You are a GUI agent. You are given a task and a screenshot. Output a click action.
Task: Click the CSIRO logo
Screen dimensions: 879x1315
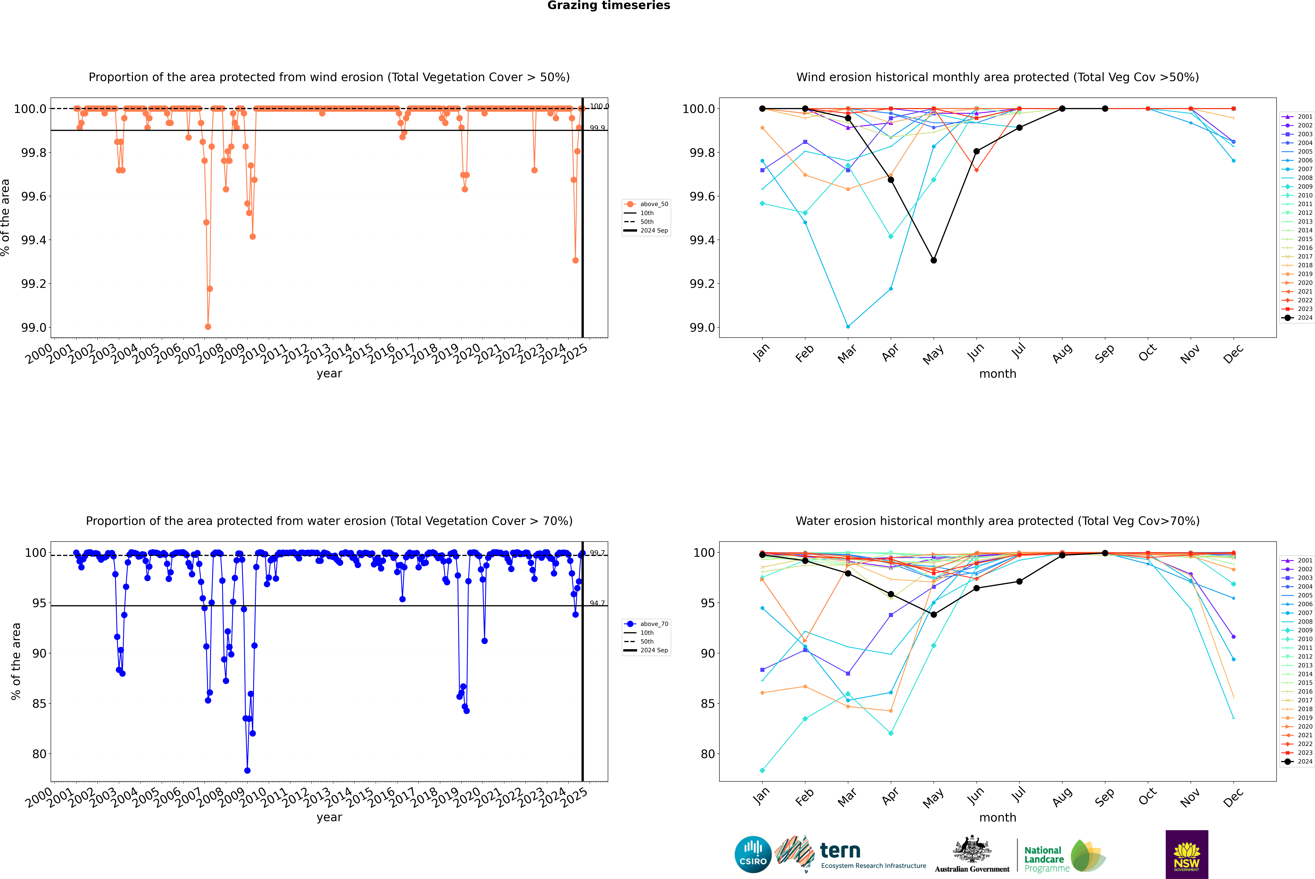point(753,854)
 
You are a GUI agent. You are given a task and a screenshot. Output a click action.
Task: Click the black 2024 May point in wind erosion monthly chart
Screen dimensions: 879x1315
point(933,260)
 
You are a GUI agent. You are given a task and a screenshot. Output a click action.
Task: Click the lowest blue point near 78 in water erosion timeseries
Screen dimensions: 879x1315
point(247,770)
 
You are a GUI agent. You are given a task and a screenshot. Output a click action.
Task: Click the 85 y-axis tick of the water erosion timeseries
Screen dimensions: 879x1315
point(39,704)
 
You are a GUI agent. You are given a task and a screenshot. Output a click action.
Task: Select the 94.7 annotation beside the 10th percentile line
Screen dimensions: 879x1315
point(597,603)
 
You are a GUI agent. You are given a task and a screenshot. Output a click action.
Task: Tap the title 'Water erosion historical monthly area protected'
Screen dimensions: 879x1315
point(997,521)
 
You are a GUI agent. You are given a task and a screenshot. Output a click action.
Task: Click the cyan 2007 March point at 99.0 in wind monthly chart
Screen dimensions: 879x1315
point(847,326)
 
